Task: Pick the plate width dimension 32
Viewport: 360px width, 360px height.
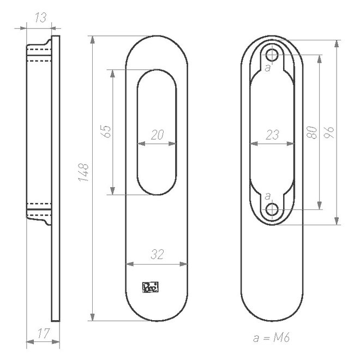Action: tap(158, 255)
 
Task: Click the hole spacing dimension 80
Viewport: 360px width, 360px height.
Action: tap(312, 131)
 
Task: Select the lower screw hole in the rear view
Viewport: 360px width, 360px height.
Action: tap(272, 209)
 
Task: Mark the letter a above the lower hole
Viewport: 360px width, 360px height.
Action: tap(267, 195)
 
